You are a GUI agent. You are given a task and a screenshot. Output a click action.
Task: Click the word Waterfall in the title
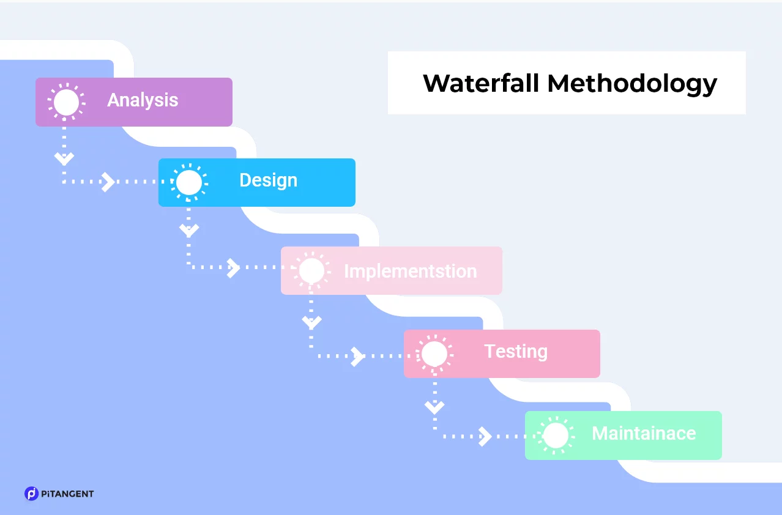(x=481, y=83)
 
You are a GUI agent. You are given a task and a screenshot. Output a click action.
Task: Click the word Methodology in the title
(x=632, y=85)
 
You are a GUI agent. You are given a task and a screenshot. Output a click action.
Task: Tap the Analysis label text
(x=143, y=100)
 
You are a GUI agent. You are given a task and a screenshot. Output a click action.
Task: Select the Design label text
(x=269, y=180)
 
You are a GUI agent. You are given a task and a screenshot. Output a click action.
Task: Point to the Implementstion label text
(x=411, y=271)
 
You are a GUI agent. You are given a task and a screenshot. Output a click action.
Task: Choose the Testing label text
(x=516, y=352)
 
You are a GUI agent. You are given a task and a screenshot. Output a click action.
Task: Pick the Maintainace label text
(x=644, y=434)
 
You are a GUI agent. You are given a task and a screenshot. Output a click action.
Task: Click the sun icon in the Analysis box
(x=66, y=102)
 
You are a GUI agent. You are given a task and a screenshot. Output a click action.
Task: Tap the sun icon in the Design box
(x=189, y=182)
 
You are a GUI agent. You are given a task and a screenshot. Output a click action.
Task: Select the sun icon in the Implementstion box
(x=311, y=270)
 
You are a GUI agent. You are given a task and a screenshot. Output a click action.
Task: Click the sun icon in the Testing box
(x=434, y=354)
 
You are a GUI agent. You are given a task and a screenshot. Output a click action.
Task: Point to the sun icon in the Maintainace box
(x=556, y=435)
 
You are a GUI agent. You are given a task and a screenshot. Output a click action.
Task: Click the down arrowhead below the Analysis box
(x=64, y=159)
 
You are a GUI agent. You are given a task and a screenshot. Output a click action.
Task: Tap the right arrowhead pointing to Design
(x=108, y=182)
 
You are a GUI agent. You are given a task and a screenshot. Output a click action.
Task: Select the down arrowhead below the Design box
(x=189, y=231)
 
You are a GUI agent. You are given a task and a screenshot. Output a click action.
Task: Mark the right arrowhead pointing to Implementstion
(x=233, y=268)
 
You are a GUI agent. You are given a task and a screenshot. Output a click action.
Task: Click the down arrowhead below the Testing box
(x=434, y=407)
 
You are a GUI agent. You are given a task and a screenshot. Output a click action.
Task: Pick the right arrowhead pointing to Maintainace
(x=485, y=437)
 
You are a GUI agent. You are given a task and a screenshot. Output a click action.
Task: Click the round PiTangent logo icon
(x=31, y=494)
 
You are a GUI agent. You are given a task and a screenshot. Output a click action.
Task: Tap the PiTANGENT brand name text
(x=67, y=494)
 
